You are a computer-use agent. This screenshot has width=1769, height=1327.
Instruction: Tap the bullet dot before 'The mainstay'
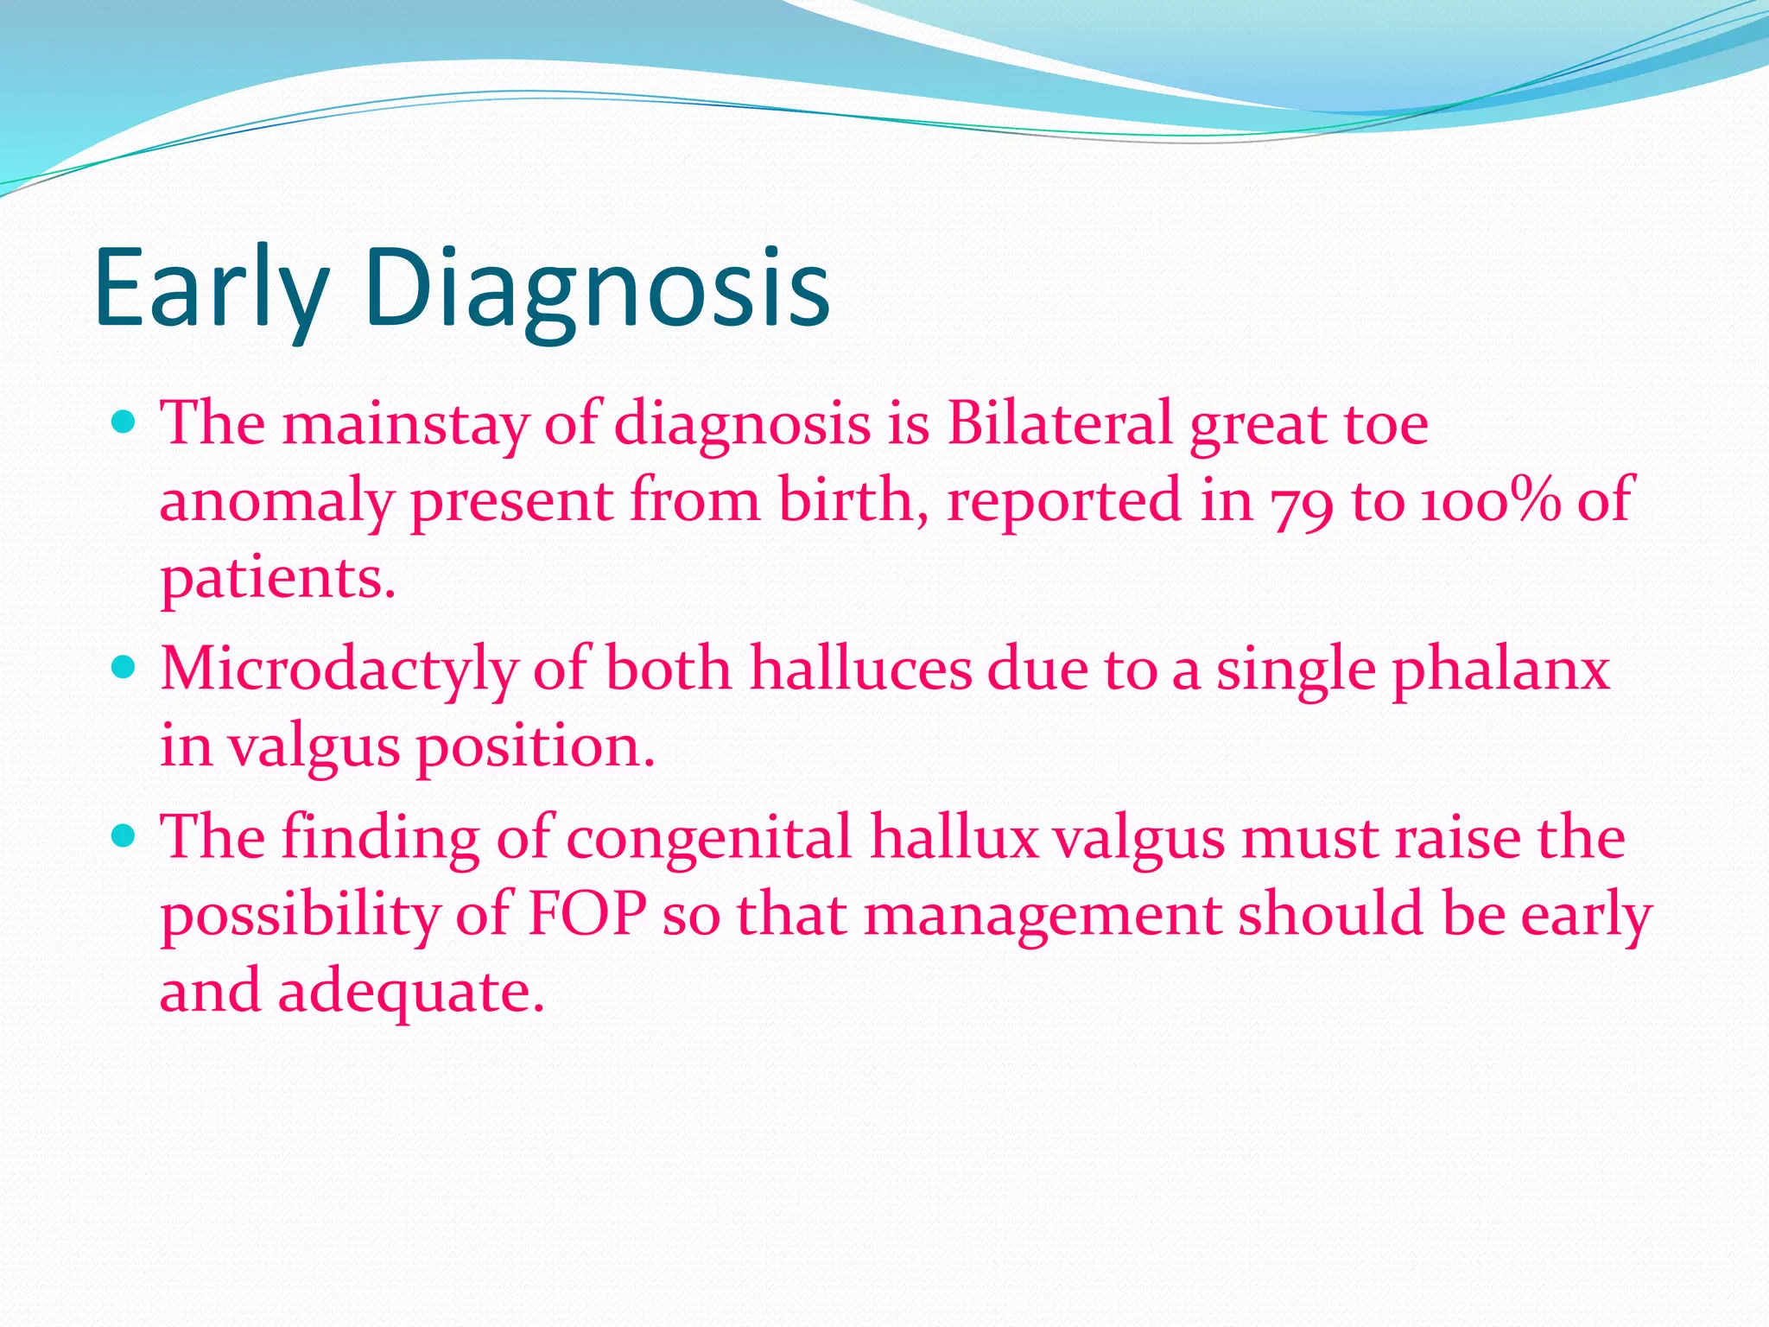coord(125,422)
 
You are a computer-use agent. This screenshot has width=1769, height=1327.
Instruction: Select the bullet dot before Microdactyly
coord(125,668)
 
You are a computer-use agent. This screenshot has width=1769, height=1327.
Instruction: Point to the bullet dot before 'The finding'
coord(125,836)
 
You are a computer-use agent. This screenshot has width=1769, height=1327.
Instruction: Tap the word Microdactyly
coord(339,670)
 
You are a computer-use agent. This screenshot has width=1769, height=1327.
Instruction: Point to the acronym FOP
coord(587,914)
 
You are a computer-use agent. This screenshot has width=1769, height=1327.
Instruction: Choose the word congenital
coord(708,839)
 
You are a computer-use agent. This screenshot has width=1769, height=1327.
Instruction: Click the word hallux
coord(954,837)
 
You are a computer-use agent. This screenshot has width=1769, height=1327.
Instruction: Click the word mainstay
coord(404,425)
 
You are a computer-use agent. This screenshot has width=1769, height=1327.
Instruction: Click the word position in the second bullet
coord(536,746)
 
